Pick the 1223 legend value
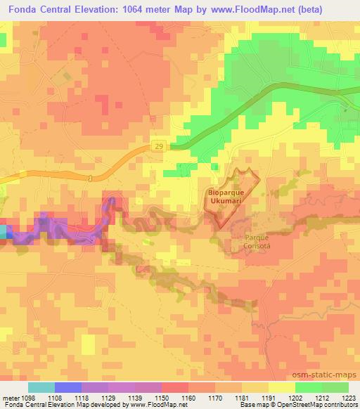[349, 397]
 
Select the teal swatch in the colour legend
[41, 387]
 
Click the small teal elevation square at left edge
[3, 232]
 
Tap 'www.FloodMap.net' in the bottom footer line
[153, 405]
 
